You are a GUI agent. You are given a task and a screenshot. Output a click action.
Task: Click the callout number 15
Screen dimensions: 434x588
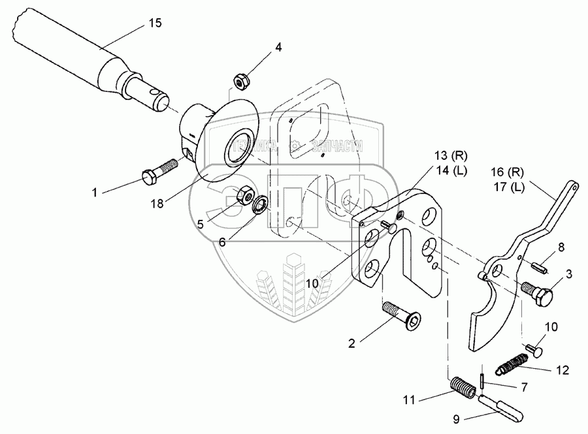[155, 23]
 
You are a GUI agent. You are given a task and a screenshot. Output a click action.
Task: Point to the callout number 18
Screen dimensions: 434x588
[157, 205]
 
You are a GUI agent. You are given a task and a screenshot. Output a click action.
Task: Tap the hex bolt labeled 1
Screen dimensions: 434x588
[157, 170]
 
